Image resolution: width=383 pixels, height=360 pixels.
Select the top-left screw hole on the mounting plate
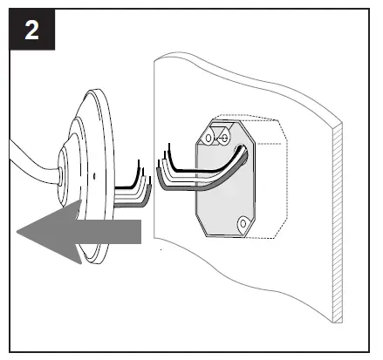[x=210, y=137]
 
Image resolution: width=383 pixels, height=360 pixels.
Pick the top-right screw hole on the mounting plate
[x=224, y=137]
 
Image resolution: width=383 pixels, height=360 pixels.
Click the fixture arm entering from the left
[x=26, y=165]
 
